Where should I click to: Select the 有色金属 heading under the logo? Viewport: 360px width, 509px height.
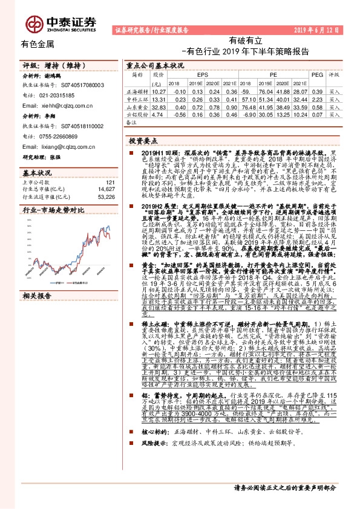(x=38, y=44)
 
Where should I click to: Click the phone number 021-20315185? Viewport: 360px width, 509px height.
(x=58, y=96)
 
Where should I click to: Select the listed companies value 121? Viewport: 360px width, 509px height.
(x=110, y=182)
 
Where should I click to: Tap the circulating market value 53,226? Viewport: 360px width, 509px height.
(x=106, y=196)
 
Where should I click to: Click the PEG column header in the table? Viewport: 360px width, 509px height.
(x=316, y=74)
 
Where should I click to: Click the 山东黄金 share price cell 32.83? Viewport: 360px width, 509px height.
(x=159, y=105)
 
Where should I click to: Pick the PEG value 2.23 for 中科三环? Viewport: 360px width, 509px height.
(x=316, y=97)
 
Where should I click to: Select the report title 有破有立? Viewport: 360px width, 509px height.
(x=245, y=40)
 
